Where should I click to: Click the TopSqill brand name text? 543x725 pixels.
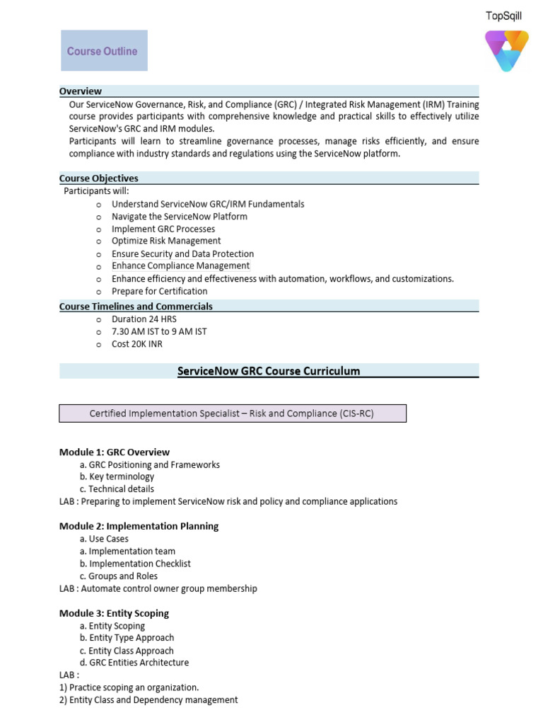tap(503, 16)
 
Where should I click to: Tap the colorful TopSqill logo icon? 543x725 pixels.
tap(506, 50)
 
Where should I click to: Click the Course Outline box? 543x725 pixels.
tap(104, 51)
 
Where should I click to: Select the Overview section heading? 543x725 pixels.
tap(81, 91)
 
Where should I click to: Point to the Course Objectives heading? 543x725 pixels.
tap(99, 178)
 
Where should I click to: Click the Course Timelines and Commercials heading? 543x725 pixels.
tap(136, 307)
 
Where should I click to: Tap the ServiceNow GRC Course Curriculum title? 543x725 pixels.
tap(269, 371)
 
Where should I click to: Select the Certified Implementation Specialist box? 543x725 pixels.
tap(232, 413)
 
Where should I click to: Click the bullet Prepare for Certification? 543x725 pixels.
tap(159, 291)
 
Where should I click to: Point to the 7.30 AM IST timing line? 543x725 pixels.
tap(159, 331)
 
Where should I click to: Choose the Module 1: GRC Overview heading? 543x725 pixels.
tap(115, 452)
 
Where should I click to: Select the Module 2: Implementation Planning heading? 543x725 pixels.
tap(139, 526)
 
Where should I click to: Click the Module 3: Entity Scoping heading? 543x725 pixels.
tap(115, 613)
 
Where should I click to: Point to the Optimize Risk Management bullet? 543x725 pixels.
tap(166, 241)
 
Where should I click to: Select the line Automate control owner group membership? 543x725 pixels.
tap(158, 588)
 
